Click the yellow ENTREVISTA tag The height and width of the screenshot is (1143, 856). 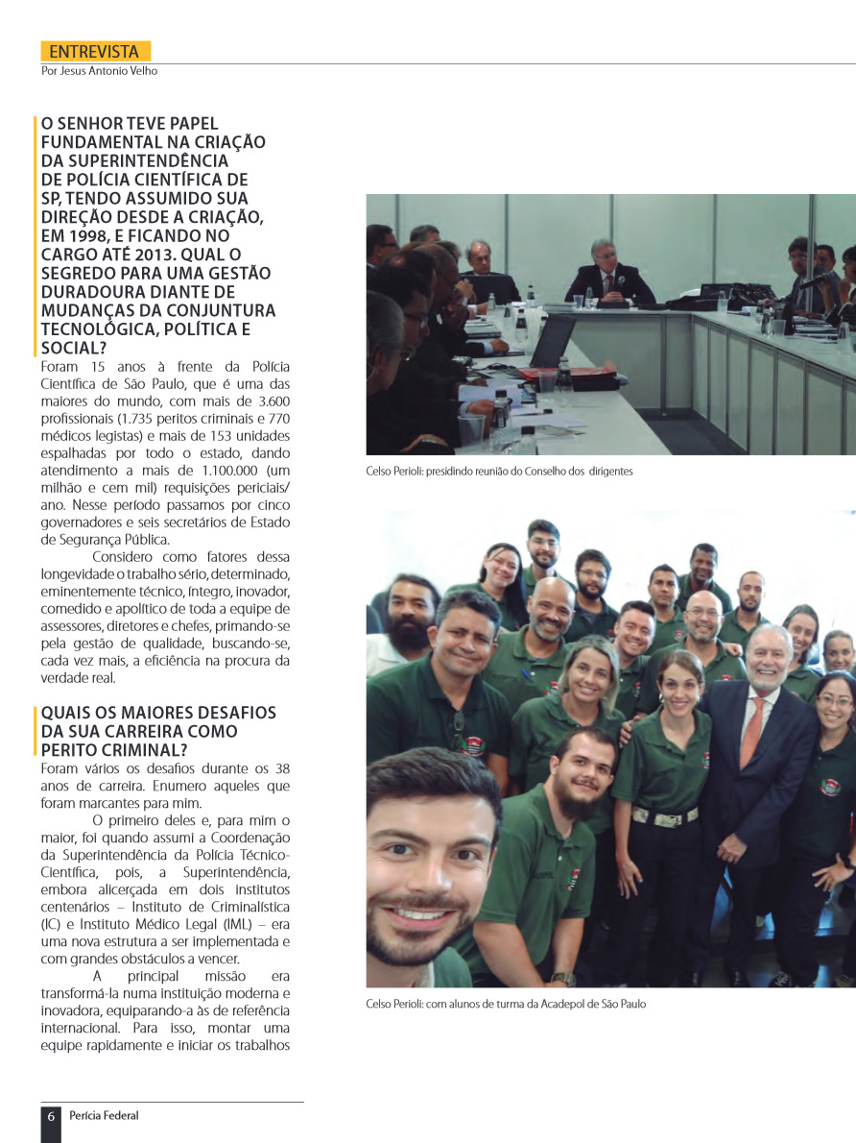pos(95,52)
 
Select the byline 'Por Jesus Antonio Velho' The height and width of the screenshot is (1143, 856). pos(100,71)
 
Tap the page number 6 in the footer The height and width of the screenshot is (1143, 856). pos(51,1116)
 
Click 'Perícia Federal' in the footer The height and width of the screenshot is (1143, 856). pos(105,1116)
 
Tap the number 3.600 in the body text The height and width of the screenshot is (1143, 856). pos(269,401)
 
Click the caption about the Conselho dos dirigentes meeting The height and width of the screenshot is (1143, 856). pos(499,472)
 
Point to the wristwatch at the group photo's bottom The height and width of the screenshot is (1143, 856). pos(564,979)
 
